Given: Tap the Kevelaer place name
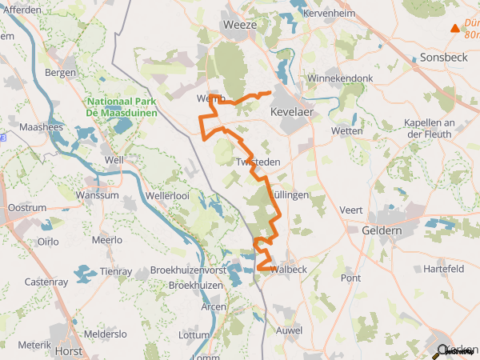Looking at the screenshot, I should tap(294, 113).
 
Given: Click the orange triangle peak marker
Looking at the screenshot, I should tap(455, 29).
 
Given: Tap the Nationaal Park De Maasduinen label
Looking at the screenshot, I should tap(122, 107).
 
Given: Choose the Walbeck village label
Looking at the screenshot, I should tap(290, 270).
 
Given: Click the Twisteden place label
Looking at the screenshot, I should tap(258, 162).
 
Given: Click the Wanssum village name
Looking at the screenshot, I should tap(97, 195).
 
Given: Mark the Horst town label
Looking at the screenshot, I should tap(69, 350).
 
